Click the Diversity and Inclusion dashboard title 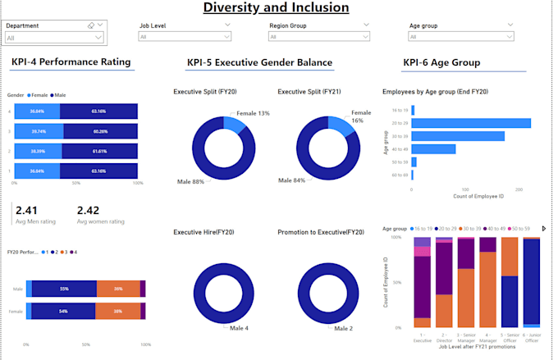(x=276, y=8)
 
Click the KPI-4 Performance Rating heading (x=71, y=62)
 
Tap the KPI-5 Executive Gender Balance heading (x=259, y=62)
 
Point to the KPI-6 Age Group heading (x=441, y=62)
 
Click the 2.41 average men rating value (x=27, y=211)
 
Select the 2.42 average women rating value (x=89, y=211)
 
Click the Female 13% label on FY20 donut (x=253, y=113)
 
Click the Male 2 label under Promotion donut (x=343, y=328)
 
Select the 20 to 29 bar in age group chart (x=471, y=123)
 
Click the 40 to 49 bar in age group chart (x=433, y=149)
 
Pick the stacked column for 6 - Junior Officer (x=531, y=281)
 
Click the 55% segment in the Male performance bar (x=63, y=289)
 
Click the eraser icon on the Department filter (x=91, y=25)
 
